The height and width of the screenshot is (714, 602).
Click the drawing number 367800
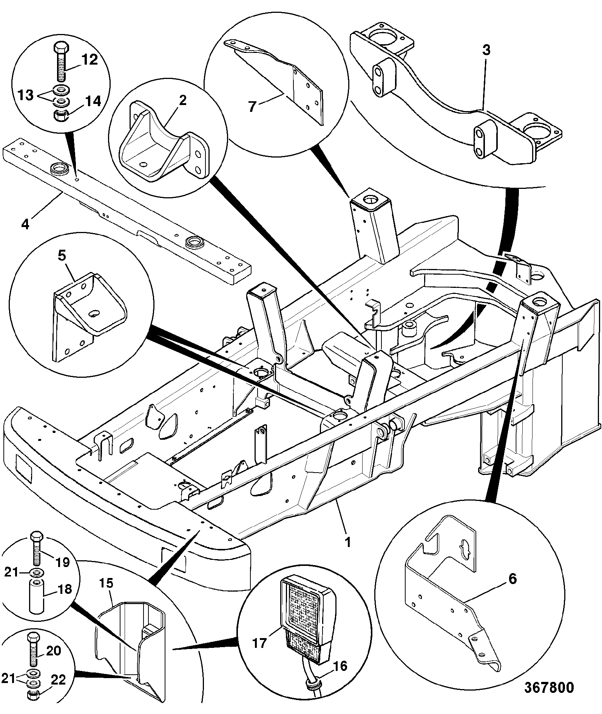tap(549, 687)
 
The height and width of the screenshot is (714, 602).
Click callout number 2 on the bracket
tap(182, 100)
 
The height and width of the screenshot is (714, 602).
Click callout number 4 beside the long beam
tap(25, 224)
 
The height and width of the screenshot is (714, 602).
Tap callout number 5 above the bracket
tap(62, 256)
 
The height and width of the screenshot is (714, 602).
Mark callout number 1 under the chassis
tap(348, 542)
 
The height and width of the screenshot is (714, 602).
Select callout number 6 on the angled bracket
tap(512, 578)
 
